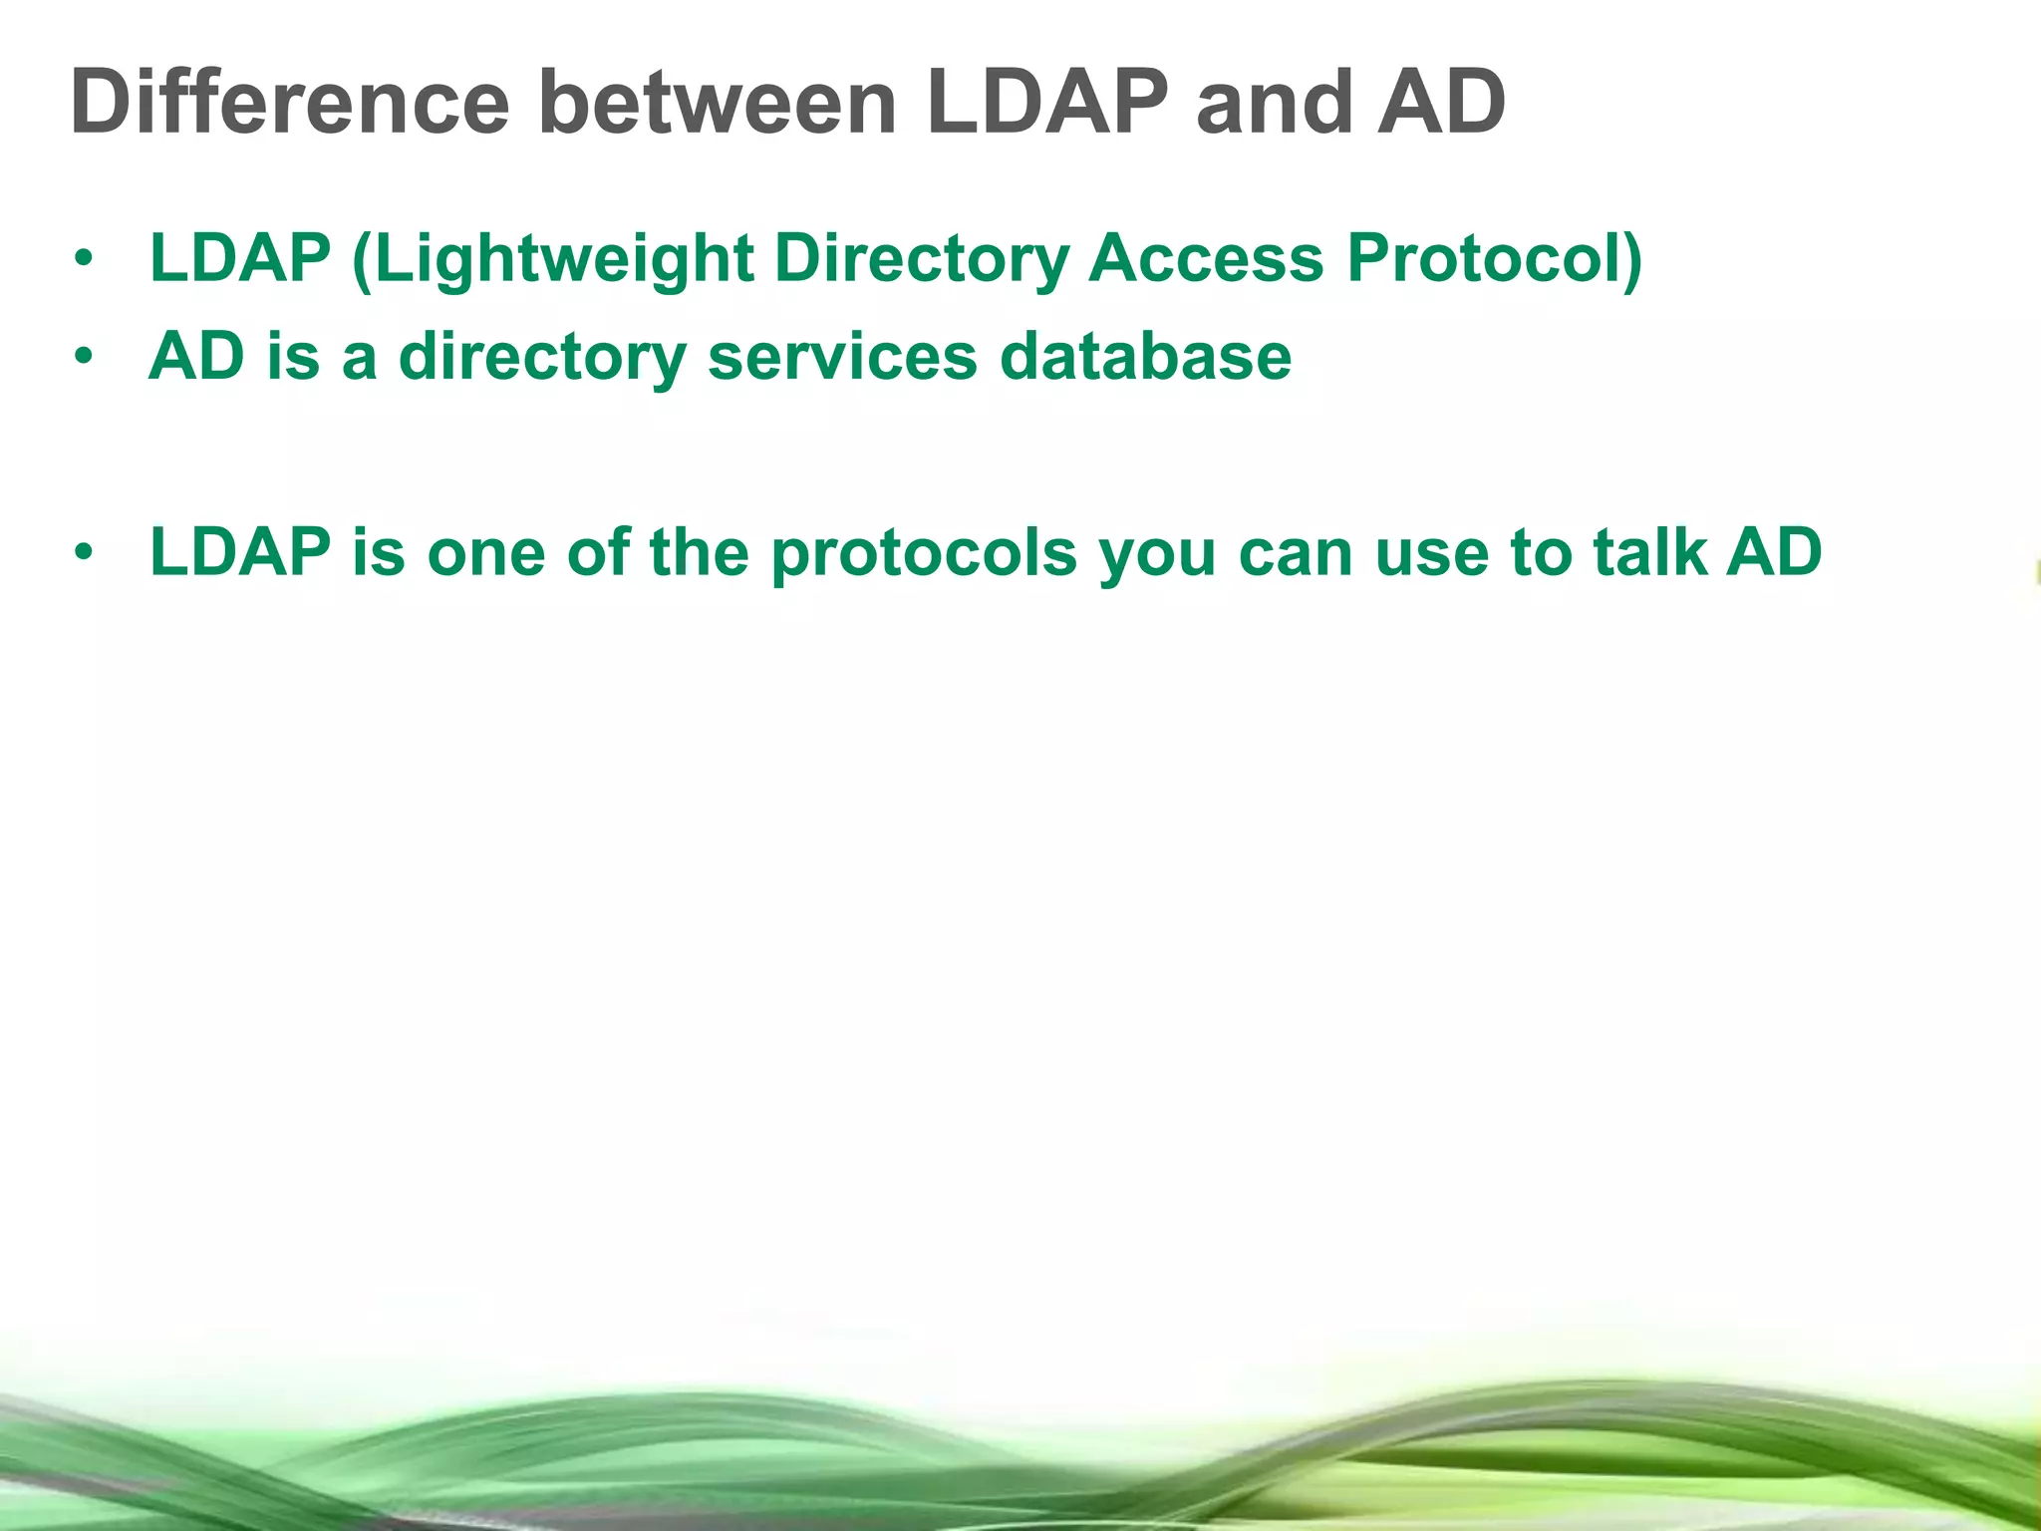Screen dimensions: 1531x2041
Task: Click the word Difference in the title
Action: pos(289,103)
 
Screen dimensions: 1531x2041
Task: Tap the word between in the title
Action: pos(718,103)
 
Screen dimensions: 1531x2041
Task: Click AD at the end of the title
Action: pos(1440,103)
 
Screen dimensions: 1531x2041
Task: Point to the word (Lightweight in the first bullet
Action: pos(552,259)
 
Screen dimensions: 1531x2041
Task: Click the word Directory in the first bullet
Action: pos(921,259)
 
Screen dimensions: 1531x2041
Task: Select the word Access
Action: pos(1206,259)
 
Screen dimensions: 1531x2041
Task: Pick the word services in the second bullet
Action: pos(842,357)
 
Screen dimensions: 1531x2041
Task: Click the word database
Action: pos(1145,357)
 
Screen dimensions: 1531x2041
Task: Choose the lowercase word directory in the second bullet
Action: pos(542,357)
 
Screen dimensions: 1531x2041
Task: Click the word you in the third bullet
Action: pos(1157,553)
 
